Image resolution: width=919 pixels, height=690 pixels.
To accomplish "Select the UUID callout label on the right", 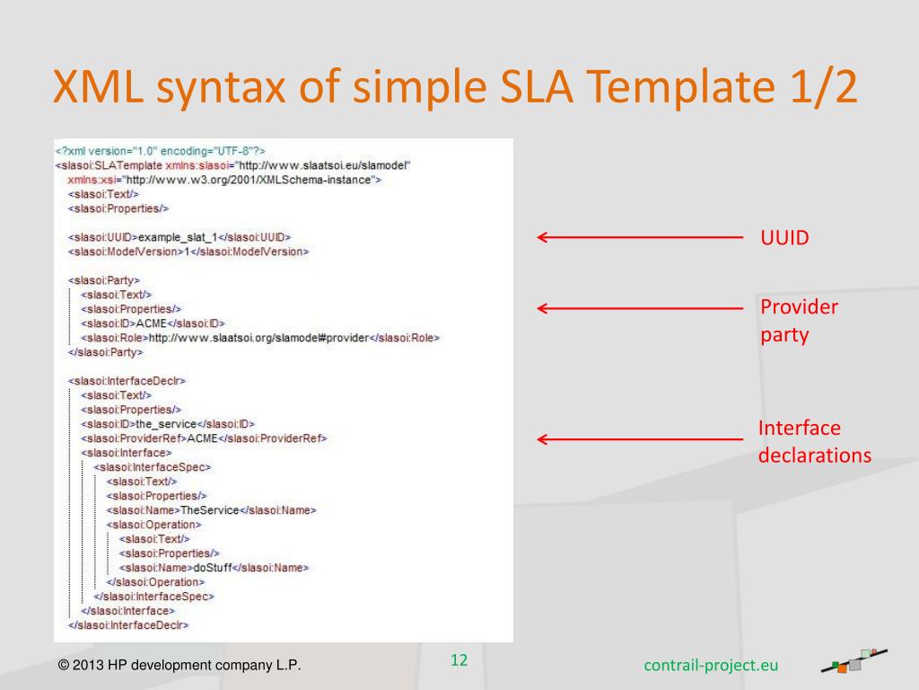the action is [784, 238].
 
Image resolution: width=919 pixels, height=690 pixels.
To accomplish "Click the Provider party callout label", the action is [799, 321].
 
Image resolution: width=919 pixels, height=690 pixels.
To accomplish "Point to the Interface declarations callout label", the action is [814, 441].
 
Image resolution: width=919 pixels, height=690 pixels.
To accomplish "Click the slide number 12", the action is [459, 660].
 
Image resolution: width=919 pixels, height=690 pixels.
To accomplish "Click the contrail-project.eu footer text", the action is [711, 665].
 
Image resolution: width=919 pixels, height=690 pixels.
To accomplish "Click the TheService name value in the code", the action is [209, 510].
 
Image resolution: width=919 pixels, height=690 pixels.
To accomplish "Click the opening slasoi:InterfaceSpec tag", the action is [153, 467].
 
